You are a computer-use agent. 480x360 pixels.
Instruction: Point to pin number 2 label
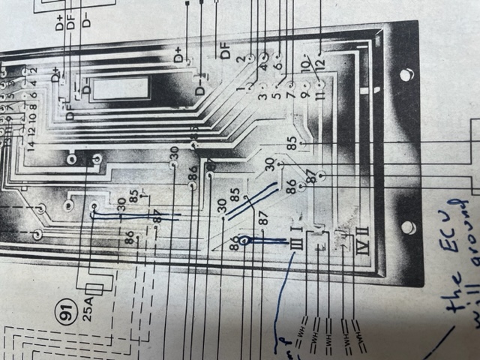tap(240, 58)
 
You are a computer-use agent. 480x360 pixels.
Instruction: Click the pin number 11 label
tap(319, 97)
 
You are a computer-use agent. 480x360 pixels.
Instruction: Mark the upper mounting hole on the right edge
tap(406, 75)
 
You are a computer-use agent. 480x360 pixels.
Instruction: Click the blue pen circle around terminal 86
tap(244, 241)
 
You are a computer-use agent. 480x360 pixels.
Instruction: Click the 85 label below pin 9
tap(291, 139)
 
